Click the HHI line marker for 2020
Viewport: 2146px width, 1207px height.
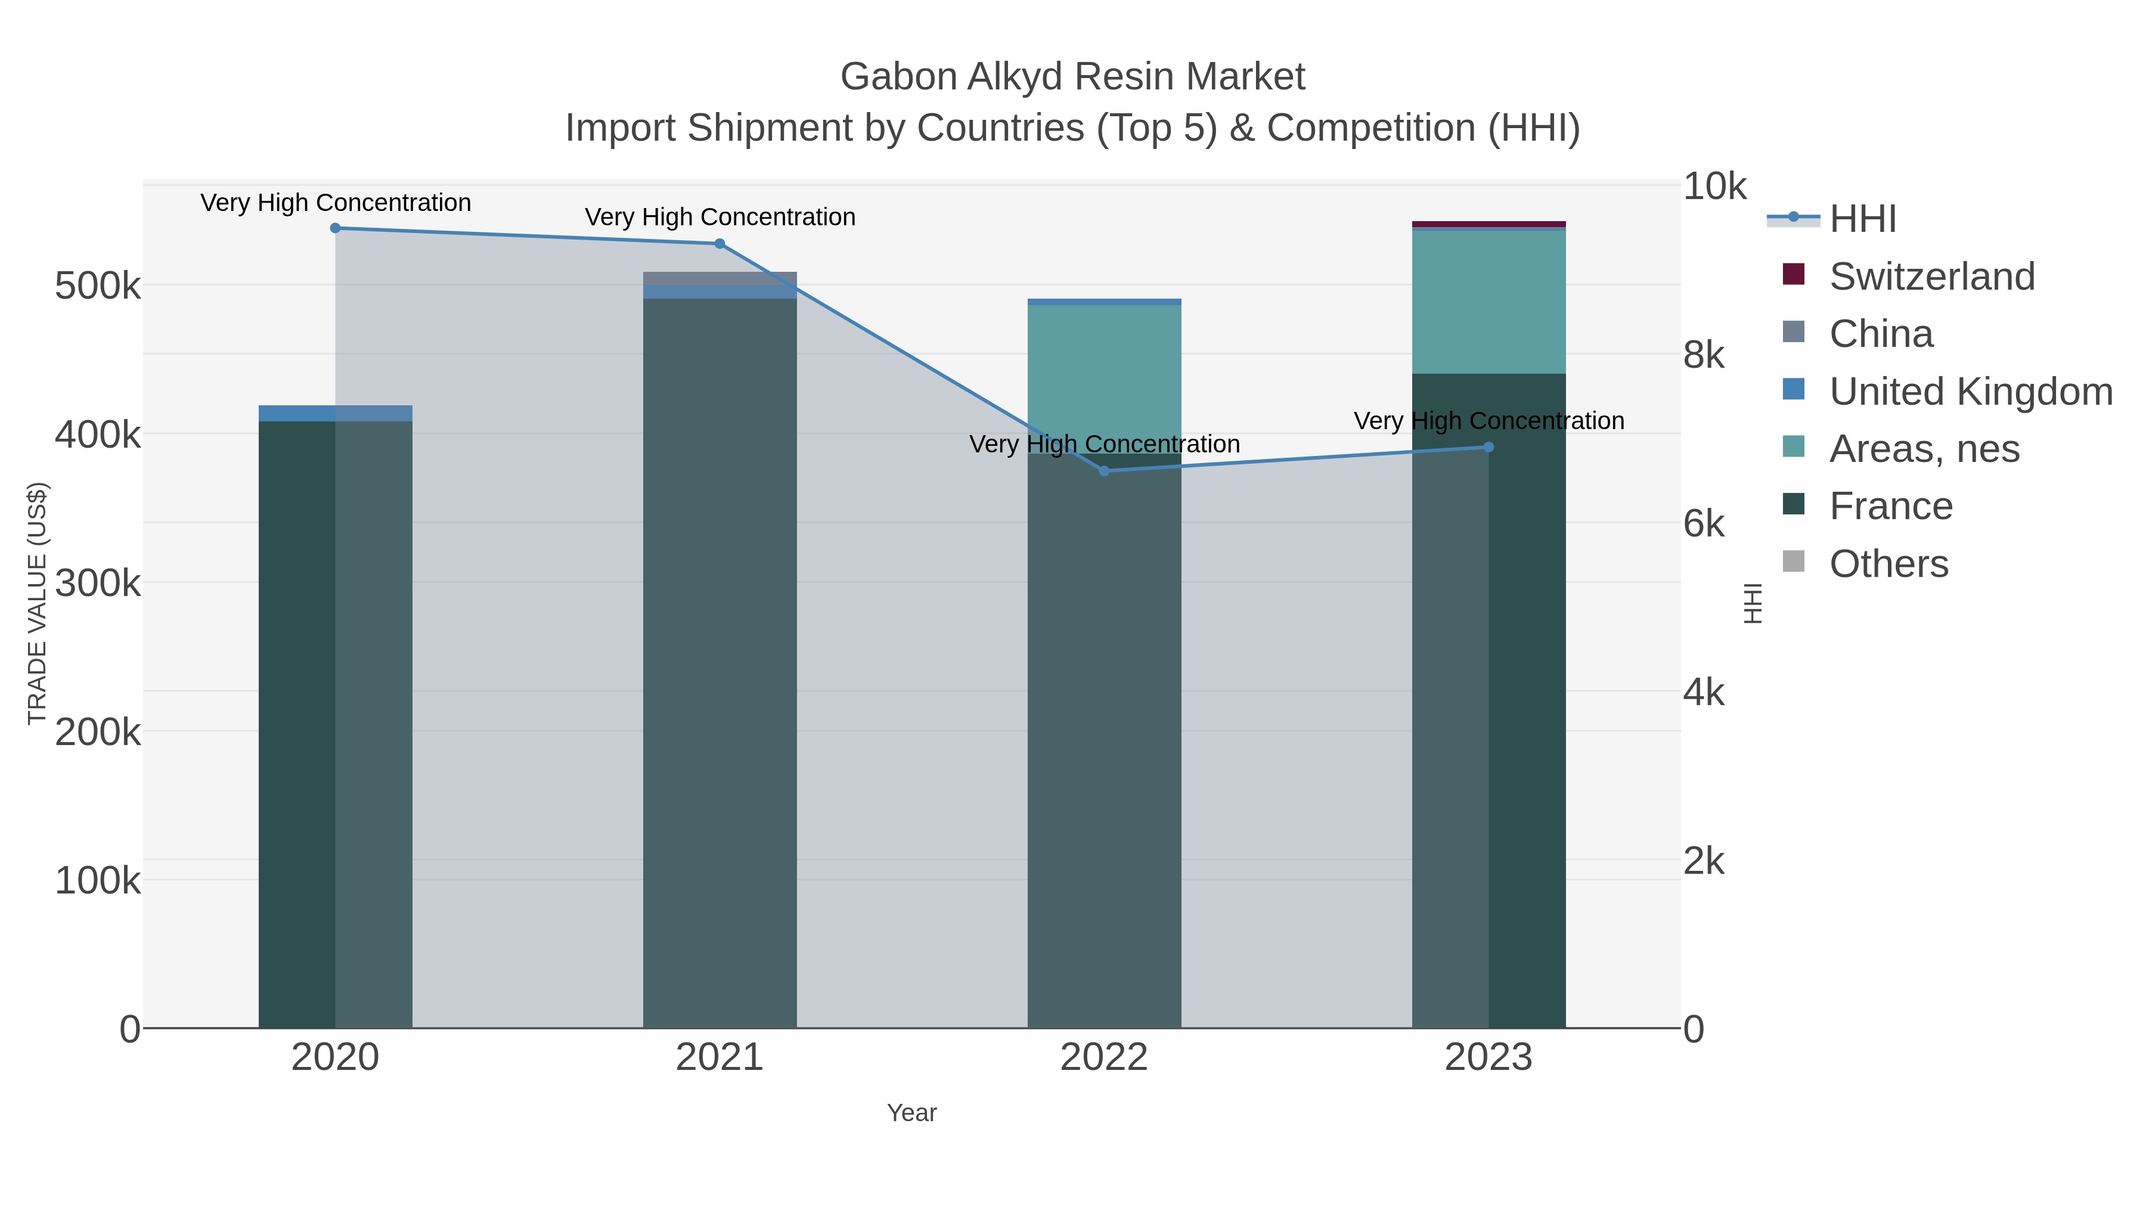(335, 228)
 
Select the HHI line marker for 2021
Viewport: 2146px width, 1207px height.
(720, 244)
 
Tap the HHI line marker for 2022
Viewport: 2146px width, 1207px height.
(1104, 471)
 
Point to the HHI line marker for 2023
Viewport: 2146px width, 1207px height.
(1488, 447)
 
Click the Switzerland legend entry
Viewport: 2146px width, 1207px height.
(1931, 277)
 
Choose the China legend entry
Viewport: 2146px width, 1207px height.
(1880, 334)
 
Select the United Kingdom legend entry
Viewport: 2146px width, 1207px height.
(1970, 392)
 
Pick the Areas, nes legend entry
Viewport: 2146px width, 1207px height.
(1924, 449)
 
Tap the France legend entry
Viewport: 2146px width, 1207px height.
(1890, 507)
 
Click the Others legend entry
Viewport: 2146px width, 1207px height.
(1888, 564)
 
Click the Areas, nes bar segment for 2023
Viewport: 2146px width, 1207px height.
(1488, 302)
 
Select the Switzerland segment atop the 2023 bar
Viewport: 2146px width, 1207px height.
(1488, 224)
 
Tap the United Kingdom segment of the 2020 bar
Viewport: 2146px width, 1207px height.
(335, 413)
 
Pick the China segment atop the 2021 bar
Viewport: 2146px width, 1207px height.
(720, 278)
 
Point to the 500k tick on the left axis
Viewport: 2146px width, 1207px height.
(98, 287)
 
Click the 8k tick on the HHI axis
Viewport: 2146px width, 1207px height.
(1704, 356)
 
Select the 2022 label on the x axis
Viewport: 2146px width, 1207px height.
(1104, 1058)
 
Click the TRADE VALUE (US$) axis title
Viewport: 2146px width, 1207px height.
(38, 603)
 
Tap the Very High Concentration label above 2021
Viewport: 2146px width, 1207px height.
(720, 218)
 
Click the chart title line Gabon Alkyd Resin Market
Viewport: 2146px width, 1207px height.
(1072, 77)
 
